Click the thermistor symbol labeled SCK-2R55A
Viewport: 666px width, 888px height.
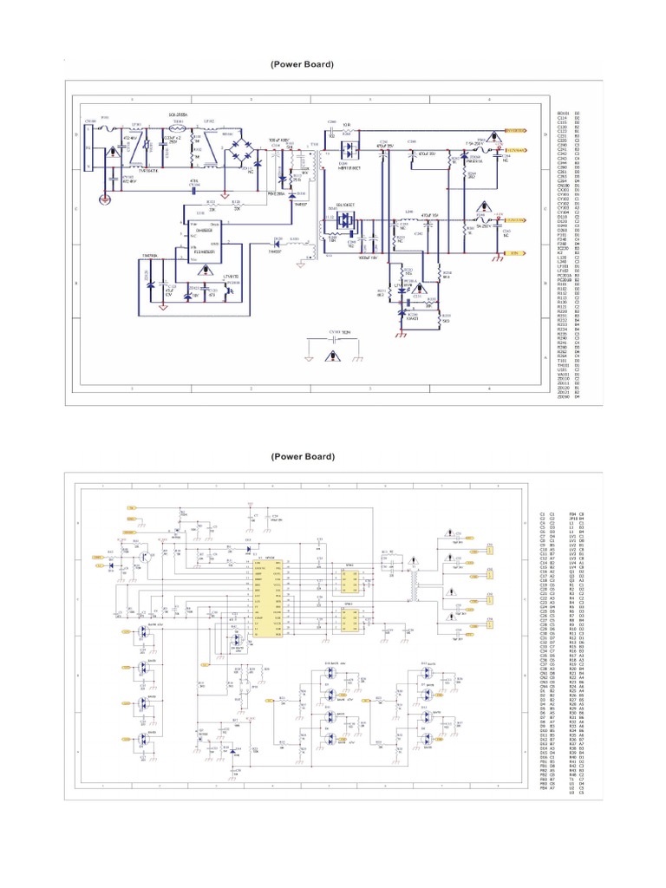180,122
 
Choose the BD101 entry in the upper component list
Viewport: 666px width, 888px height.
563,113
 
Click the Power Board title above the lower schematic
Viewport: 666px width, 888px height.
301,456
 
